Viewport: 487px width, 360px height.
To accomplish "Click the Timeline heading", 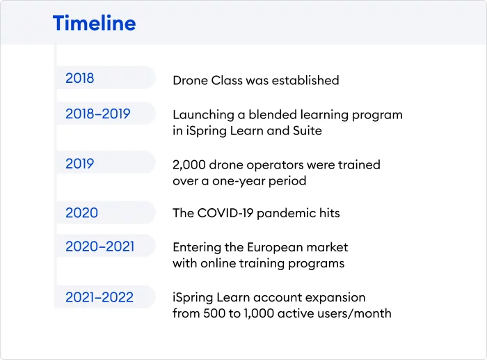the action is (95, 23).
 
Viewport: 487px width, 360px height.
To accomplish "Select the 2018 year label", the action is (79, 78).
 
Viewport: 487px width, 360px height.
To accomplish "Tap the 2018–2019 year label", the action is (98, 114).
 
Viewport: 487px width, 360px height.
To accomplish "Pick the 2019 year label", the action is (79, 164).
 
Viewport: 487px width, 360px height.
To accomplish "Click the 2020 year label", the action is (81, 213).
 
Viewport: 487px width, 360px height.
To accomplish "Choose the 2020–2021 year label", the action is (99, 246).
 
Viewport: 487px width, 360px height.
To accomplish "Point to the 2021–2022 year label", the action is (99, 297).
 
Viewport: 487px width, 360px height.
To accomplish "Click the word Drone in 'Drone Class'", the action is (190, 80).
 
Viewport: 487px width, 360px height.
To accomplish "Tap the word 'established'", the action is (305, 80).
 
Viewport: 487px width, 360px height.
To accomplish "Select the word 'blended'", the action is (272, 115).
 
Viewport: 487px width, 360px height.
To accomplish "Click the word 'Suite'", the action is (308, 131).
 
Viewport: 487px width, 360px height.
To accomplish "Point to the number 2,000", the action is (189, 165).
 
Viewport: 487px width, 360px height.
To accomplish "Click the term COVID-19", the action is (225, 213).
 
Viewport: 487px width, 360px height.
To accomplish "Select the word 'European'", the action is (271, 248).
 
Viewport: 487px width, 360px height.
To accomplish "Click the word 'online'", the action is (218, 263).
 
